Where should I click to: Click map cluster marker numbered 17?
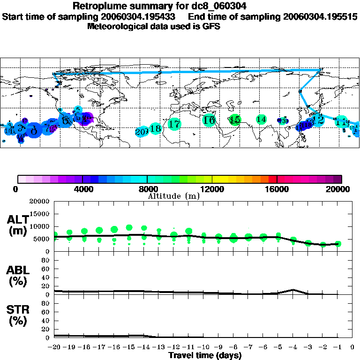click(174, 124)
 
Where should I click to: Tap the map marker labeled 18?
click(156, 128)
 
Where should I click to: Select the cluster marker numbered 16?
click(209, 120)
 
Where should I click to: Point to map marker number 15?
click(235, 120)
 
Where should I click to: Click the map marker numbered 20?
click(141, 132)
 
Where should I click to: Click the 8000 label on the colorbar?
click(147, 189)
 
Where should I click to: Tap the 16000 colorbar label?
click(277, 189)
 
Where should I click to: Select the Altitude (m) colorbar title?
click(173, 196)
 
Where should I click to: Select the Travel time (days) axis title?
click(205, 355)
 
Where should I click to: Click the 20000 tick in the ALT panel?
click(40, 202)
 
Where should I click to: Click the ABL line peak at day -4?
click(293, 290)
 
